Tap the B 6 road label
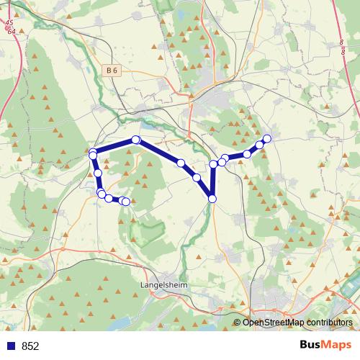click(110, 70)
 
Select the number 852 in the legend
click(30, 346)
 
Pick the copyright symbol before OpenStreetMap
click(238, 323)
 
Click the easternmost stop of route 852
click(267, 138)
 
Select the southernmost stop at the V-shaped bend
click(212, 199)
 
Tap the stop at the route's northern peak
click(135, 140)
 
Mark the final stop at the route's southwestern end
click(126, 202)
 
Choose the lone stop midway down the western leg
click(97, 174)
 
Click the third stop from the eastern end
click(247, 154)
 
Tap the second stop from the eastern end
click(260, 145)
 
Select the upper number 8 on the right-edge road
click(339, 42)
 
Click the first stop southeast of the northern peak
click(181, 163)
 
